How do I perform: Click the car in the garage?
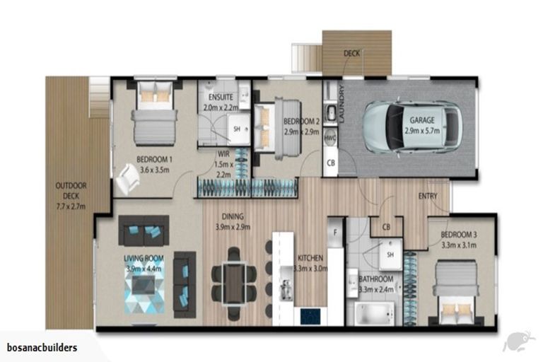[412, 127]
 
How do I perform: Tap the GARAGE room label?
[422, 120]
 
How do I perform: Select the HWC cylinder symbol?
[330, 138]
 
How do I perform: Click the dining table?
[234, 283]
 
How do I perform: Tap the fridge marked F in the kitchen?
[335, 233]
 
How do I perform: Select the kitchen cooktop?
[310, 316]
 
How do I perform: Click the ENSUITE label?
[221, 98]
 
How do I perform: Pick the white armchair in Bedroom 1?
[127, 179]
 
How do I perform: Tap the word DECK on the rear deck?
[351, 53]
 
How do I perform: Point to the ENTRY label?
[428, 197]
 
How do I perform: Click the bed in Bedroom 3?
[456, 291]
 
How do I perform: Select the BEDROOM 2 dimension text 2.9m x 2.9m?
[301, 132]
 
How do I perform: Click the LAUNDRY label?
[341, 103]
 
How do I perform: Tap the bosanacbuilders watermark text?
[42, 348]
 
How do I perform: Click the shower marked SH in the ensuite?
[238, 129]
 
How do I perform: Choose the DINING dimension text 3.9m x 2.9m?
[233, 227]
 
